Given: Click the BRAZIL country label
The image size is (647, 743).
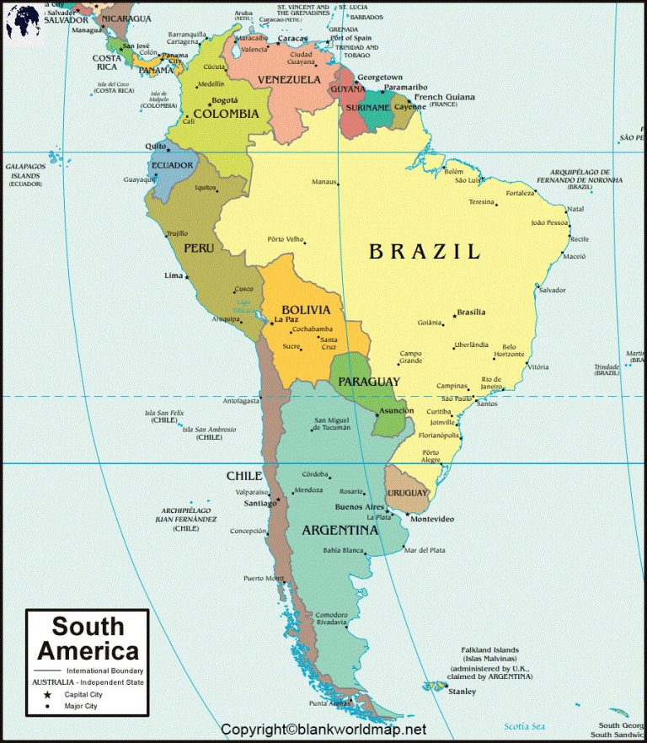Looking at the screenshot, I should point(425,251).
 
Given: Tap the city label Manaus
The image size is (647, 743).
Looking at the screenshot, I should point(323,182).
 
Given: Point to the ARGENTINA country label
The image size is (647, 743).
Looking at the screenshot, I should point(340,531).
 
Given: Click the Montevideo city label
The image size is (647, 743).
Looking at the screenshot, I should point(431,519).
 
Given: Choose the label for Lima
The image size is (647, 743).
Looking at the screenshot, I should point(173,275).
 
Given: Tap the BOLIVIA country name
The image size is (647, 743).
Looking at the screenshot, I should point(305,310).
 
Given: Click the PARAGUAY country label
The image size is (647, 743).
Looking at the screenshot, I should point(369,382).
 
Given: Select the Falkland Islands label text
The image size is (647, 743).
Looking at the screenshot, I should point(489,650).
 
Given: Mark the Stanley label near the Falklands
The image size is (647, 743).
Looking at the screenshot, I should point(462,692).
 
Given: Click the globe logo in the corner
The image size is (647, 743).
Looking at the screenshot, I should point(22,21).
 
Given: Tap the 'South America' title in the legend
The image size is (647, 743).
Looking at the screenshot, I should point(88,639).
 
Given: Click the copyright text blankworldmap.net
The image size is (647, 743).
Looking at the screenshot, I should point(323,730).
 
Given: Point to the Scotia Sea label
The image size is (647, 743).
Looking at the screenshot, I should point(524,726).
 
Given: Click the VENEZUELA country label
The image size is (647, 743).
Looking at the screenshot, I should point(289,79).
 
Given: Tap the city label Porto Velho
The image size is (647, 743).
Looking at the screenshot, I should point(285,238).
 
